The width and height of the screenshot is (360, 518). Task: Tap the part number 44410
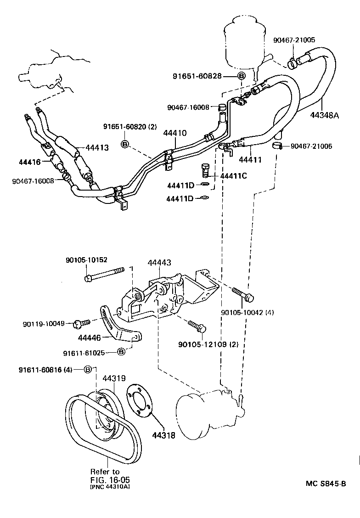click(x=174, y=133)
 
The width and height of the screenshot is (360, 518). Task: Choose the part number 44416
click(x=30, y=162)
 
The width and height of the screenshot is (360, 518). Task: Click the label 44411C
click(x=233, y=175)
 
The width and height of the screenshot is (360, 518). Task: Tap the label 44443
click(x=159, y=263)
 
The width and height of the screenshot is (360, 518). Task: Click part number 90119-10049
click(x=44, y=324)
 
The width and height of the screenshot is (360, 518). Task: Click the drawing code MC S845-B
click(x=326, y=483)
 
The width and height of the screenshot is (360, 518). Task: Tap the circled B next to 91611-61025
click(x=121, y=352)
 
